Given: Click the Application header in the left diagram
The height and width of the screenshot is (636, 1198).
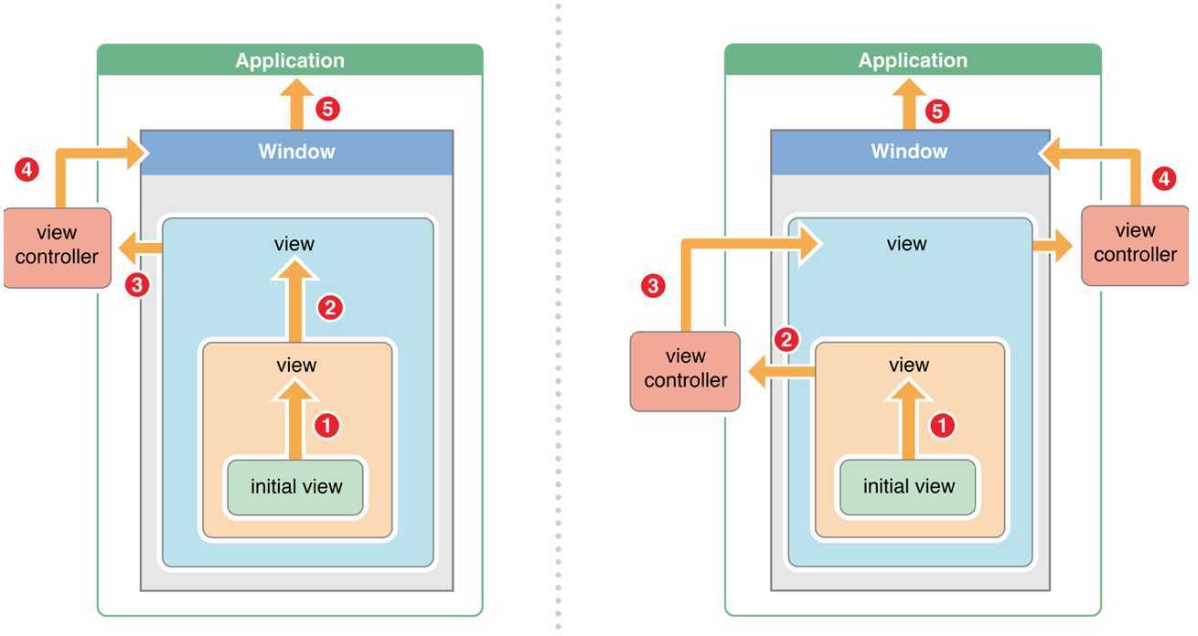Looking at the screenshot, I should pyautogui.click(x=290, y=60).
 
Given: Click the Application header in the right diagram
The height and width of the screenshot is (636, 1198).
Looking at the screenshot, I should pyautogui.click(x=913, y=60).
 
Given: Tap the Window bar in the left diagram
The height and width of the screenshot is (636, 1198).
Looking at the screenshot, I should pyautogui.click(x=296, y=152).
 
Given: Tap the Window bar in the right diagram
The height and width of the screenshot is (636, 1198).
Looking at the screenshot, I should pyautogui.click(x=909, y=152).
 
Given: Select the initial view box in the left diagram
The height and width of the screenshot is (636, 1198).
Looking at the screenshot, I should pyautogui.click(x=296, y=486).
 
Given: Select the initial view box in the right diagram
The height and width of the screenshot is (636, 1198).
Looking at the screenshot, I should pyautogui.click(x=908, y=486).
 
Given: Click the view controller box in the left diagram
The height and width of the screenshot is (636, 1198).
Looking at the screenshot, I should pyautogui.click(x=57, y=247).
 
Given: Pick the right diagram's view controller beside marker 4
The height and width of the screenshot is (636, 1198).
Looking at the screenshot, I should pyautogui.click(x=1135, y=243).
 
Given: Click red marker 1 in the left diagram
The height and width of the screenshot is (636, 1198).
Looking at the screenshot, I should pyautogui.click(x=327, y=425).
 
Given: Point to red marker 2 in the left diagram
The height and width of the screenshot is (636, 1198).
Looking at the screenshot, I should pyautogui.click(x=330, y=307).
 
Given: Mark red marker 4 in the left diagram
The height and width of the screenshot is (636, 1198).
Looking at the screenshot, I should pyautogui.click(x=28, y=169).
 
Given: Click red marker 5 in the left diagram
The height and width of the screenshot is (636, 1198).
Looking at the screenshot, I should pyautogui.click(x=326, y=110).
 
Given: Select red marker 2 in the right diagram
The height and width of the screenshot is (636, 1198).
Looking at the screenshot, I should pyautogui.click(x=786, y=340).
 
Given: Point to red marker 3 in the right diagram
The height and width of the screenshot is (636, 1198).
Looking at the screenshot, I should pyautogui.click(x=653, y=286).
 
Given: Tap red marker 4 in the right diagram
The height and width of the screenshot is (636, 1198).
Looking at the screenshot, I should pyautogui.click(x=1162, y=179).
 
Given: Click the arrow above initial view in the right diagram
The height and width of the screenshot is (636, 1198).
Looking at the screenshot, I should pyautogui.click(x=908, y=420).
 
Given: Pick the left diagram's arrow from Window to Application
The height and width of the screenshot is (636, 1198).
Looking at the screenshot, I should pyautogui.click(x=296, y=105).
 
